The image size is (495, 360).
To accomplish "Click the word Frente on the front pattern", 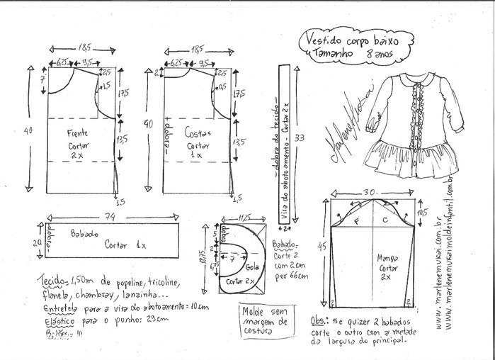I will (x=78, y=132).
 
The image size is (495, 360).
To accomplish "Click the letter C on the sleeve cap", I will (x=383, y=222).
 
